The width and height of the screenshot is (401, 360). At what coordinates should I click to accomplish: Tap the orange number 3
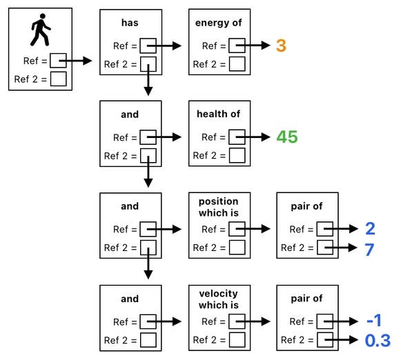pyautogui.click(x=281, y=46)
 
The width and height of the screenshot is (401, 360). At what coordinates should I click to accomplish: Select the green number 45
pyautogui.click(x=286, y=137)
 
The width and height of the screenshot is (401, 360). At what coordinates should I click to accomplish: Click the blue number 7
pyautogui.click(x=369, y=249)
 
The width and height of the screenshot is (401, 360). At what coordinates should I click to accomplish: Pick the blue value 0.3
pyautogui.click(x=377, y=341)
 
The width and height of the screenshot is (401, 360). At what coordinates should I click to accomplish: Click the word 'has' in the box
pyautogui.click(x=130, y=23)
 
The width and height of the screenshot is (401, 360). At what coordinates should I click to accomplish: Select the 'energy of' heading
pyautogui.click(x=219, y=23)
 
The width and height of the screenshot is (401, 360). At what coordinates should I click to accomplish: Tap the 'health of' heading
pyautogui.click(x=219, y=114)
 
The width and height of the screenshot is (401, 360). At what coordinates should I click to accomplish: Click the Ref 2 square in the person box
pyautogui.click(x=59, y=79)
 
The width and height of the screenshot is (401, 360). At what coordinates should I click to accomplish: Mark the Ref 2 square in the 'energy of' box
pyautogui.click(x=237, y=65)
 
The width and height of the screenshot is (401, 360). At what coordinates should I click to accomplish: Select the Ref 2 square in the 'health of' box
pyautogui.click(x=237, y=156)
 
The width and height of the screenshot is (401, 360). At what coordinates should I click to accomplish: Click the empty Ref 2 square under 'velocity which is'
pyautogui.click(x=237, y=340)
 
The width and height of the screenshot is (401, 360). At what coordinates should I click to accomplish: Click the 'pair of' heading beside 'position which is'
pyautogui.click(x=307, y=206)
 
